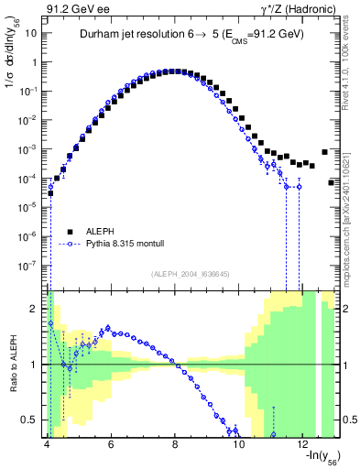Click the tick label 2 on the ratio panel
(35, 309)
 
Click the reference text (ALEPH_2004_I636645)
(191, 273)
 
